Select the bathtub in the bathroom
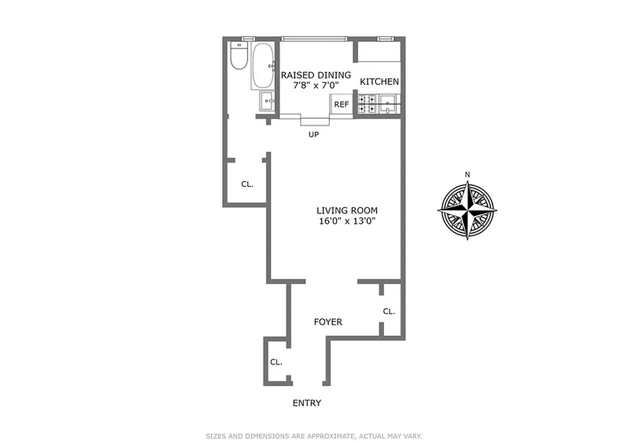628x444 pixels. (262, 65)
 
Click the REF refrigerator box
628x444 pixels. (341, 104)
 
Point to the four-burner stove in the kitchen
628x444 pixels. (366, 104)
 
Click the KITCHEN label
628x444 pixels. (379, 82)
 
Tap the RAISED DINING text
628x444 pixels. (316, 75)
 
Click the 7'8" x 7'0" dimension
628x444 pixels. (315, 85)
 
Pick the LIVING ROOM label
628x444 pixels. (346, 210)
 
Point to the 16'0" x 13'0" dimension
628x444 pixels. (346, 221)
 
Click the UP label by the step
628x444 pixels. (314, 134)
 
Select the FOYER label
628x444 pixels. (328, 322)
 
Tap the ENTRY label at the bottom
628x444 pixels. (307, 403)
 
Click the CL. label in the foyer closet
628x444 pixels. (389, 311)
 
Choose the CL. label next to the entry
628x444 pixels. (276, 362)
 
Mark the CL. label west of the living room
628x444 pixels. (247, 184)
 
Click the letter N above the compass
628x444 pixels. (467, 175)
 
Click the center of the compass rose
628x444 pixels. (467, 210)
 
